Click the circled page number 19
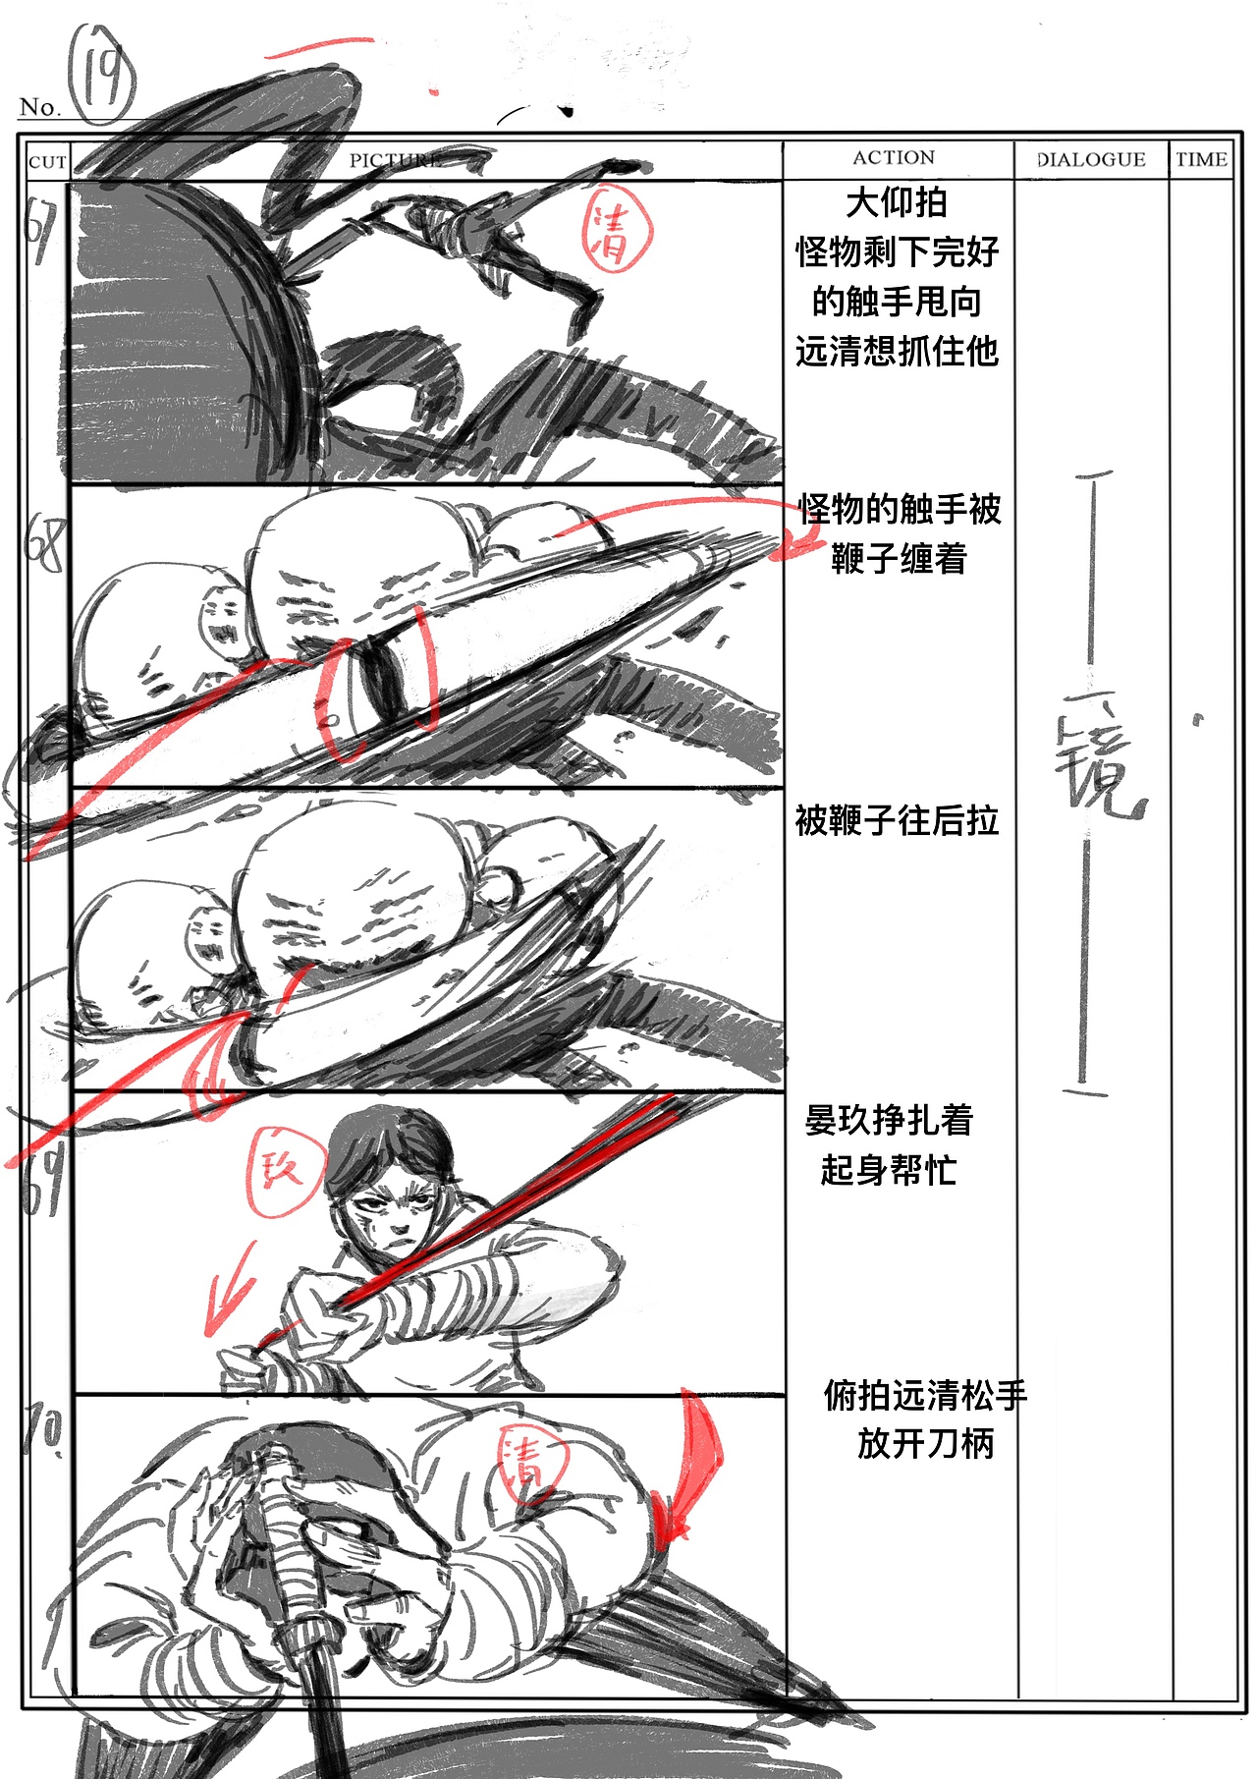101,74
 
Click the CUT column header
47,162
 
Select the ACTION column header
894,157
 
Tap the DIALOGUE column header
1091,159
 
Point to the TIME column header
1201,159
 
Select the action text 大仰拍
896,202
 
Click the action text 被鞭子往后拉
897,820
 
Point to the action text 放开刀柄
925,1443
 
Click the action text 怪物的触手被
899,509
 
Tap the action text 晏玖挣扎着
889,1120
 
